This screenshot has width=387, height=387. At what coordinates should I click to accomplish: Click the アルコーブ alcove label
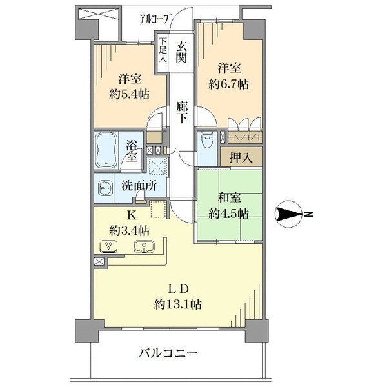155,19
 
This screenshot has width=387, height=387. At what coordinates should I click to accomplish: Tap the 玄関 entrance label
181,52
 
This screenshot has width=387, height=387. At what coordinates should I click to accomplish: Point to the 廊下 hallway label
182,112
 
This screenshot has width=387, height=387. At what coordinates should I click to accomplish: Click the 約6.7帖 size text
228,84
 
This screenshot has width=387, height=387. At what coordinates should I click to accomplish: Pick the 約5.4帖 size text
129,94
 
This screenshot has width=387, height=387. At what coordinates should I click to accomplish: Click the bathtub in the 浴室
106,150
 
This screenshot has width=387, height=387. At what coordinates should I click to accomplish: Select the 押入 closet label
241,157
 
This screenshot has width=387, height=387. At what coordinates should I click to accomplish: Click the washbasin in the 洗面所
104,188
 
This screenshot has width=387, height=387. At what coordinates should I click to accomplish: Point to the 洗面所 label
139,186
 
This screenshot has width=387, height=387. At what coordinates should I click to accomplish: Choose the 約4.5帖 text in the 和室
228,213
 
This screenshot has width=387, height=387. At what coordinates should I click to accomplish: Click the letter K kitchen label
132,215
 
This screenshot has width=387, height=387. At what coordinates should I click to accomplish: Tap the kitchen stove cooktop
108,247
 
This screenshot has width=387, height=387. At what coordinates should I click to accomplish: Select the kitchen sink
144,246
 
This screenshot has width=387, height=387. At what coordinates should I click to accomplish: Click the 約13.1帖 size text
178,304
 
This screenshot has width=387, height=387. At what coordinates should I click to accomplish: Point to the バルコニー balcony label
168,353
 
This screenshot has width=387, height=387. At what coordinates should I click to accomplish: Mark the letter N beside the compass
310,214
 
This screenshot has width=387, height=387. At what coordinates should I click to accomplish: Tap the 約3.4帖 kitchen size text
129,231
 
